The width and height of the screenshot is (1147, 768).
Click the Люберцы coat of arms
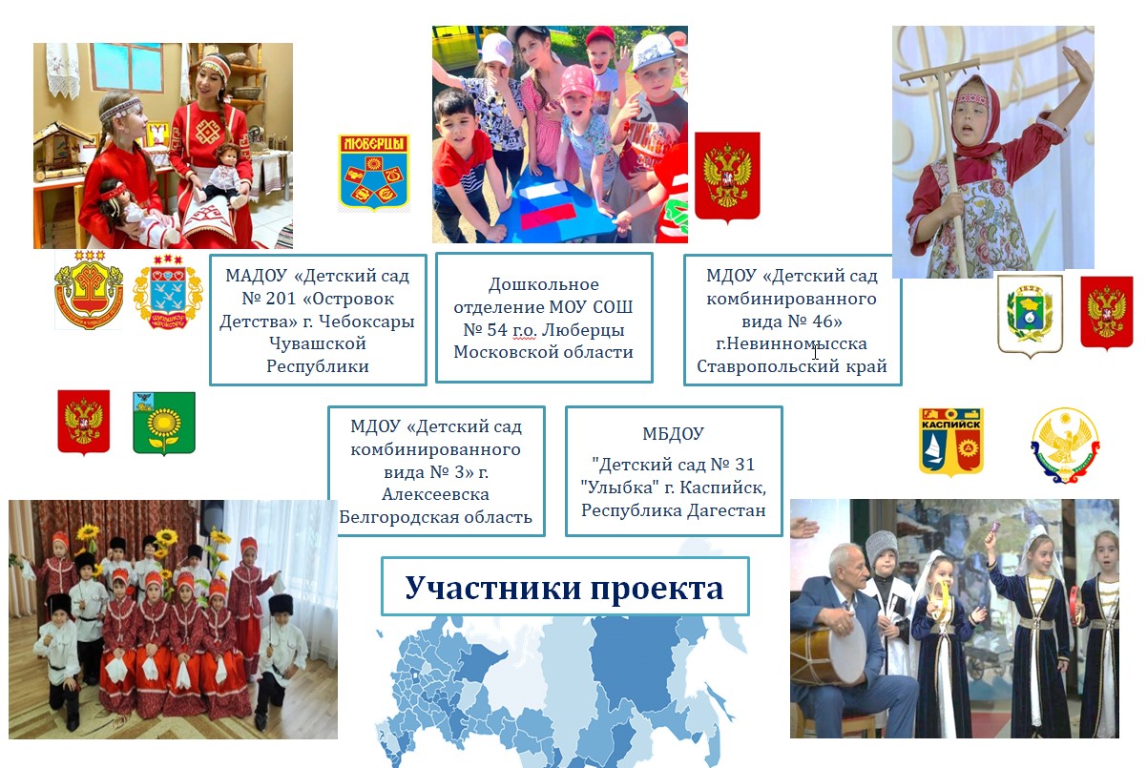pos(374,173)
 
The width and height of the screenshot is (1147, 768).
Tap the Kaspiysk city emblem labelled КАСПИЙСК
pos(950,442)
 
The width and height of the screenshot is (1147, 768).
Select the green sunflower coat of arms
pos(164,424)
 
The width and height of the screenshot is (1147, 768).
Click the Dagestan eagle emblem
pos(1066,445)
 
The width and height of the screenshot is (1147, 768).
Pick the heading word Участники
pos(493,588)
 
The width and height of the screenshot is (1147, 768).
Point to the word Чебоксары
pos(366,322)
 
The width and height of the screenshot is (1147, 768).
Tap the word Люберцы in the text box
pos(583,330)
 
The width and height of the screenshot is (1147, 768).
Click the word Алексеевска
pos(436,494)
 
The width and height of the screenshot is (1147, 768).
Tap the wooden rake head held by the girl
pos(940,71)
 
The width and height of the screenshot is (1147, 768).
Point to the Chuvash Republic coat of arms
pos(89,290)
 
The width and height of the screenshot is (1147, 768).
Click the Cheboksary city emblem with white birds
pos(168,292)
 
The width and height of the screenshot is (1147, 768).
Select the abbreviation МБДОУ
pos(674,434)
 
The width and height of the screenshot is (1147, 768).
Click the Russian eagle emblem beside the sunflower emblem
pos(83,422)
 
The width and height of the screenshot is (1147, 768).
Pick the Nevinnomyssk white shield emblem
pos(1031,315)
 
